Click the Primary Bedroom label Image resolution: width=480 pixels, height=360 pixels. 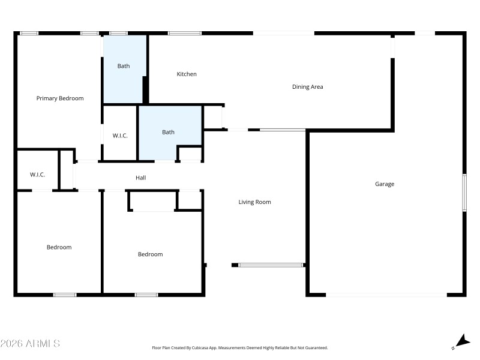pos(60,98)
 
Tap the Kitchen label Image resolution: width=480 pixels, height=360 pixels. pos(187,74)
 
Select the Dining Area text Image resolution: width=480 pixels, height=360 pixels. pos(308,87)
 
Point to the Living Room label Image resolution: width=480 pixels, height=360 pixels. pos(255,202)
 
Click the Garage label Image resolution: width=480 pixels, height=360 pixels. pos(385,184)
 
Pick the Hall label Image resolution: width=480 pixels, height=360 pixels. pos(141,178)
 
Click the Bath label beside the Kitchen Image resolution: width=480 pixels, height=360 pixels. pos(124,67)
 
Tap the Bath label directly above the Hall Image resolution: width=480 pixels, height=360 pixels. pos(169,132)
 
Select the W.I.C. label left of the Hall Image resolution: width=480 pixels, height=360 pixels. pos(38,175)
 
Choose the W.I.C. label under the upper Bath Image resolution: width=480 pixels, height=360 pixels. pos(120,136)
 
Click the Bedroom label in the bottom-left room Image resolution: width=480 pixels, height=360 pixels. pos(59,247)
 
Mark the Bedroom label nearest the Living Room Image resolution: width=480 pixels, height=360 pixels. pos(151,254)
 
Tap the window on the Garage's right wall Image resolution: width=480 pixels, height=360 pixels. pos(464,193)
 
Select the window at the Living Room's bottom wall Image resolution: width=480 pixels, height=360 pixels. pos(271,265)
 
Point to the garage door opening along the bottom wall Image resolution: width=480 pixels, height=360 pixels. pos(386,295)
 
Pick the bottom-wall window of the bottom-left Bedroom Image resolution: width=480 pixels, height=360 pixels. pos(65,295)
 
